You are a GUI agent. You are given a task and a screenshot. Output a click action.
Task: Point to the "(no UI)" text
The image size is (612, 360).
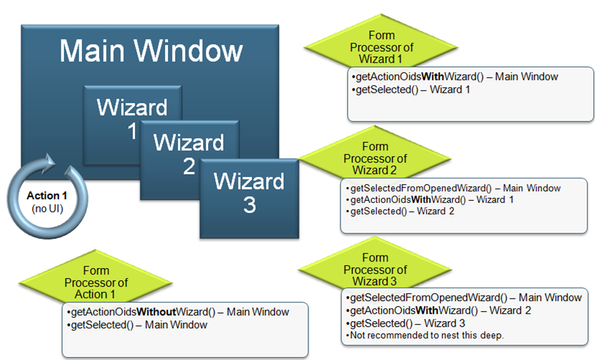(44, 207)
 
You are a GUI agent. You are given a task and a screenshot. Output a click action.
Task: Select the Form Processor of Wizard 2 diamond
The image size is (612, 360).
(375, 159)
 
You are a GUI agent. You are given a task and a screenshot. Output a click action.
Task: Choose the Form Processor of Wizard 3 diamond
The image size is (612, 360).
(375, 270)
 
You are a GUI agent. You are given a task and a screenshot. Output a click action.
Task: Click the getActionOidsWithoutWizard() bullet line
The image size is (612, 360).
(177, 312)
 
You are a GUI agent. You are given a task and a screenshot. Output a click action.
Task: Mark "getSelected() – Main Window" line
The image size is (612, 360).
(137, 325)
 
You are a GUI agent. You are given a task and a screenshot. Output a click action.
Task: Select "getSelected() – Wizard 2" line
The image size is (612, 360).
(399, 211)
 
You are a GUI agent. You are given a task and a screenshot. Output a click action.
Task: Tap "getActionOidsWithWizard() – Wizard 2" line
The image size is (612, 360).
(437, 311)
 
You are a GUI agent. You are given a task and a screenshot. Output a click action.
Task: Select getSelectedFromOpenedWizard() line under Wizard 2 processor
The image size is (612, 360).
(453, 188)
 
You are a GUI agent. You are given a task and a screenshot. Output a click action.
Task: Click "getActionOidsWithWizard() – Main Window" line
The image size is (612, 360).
(455, 77)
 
